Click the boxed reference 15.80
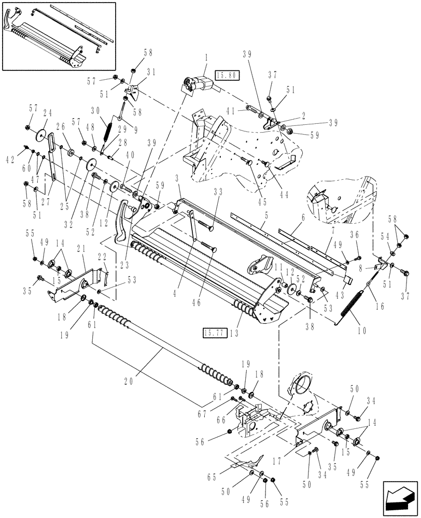click(227, 76)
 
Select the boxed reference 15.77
click(213, 332)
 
